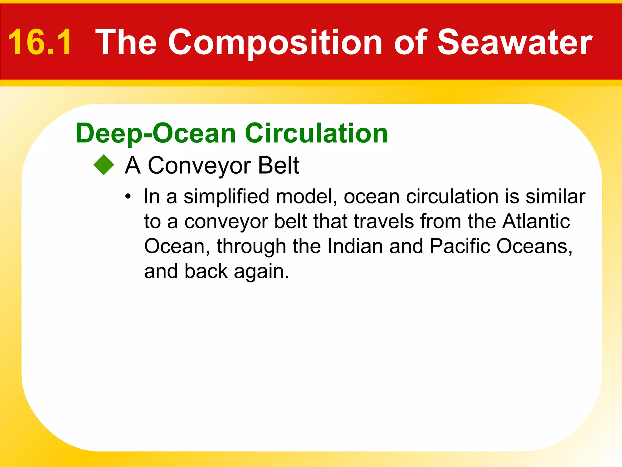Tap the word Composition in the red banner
275,43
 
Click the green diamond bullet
104,165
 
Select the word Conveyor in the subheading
199,166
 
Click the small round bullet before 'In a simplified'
128,197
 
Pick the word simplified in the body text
226,197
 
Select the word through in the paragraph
251,246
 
